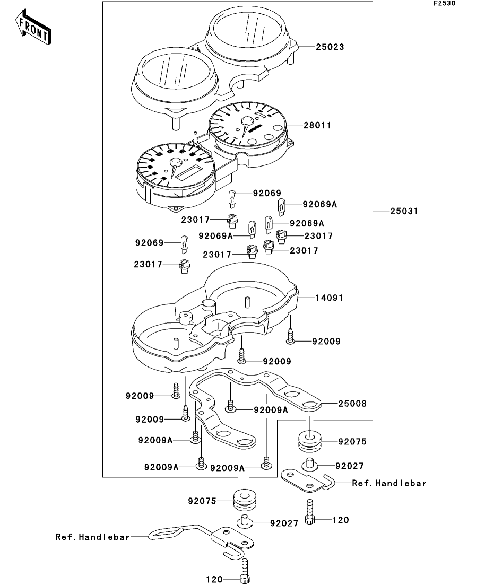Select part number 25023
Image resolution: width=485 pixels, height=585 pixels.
(331, 47)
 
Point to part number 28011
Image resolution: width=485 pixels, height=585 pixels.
(332, 126)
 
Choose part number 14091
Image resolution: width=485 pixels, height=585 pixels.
(331, 298)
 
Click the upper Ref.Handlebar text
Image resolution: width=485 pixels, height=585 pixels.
(389, 483)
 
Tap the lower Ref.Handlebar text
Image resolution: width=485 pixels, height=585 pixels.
(93, 537)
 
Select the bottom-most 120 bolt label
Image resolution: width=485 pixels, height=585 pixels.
(214, 579)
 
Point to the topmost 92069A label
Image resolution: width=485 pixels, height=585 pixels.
(320, 204)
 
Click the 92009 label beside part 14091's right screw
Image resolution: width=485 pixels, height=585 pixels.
(326, 342)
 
